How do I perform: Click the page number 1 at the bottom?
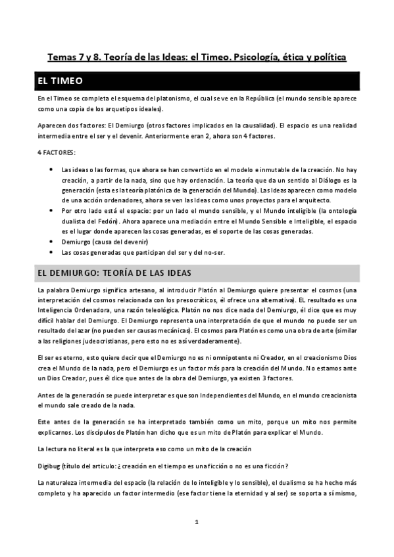click(x=197, y=522)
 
